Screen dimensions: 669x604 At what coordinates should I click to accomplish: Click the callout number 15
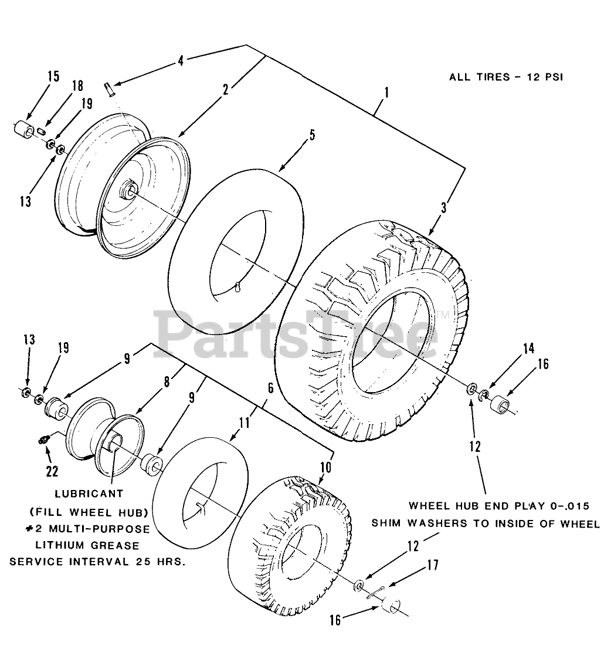53,76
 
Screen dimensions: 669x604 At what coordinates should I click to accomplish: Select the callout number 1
385,93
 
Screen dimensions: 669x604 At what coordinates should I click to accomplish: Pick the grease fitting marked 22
45,440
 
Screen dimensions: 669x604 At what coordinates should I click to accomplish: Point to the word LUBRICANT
89,495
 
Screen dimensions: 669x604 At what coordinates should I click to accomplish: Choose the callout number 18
77,85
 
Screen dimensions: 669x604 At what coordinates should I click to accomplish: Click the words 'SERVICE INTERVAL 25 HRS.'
97,562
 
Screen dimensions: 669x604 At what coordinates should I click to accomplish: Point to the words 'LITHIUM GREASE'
90,545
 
